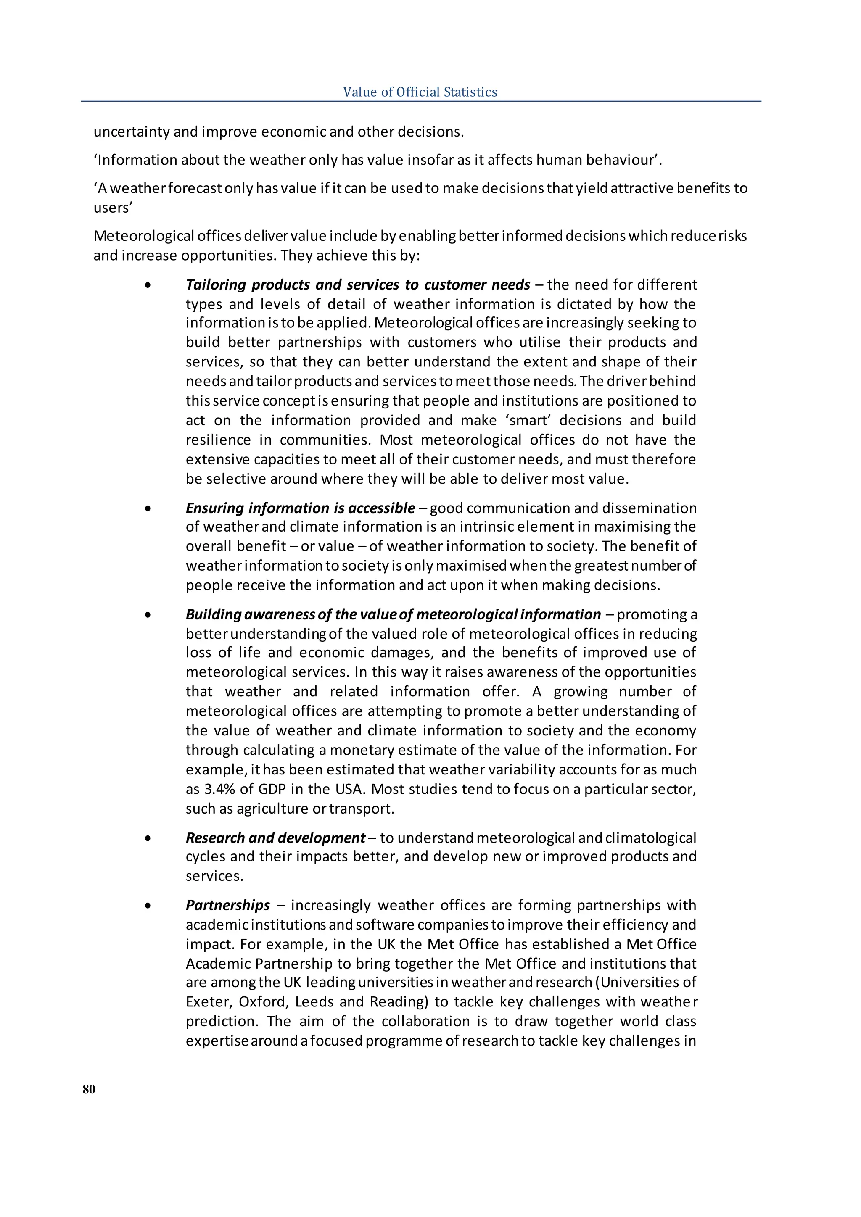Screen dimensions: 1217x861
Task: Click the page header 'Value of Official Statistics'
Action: (x=420, y=92)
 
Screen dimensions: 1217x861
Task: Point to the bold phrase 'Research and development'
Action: (x=275, y=838)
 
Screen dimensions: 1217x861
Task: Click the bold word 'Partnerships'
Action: (x=227, y=905)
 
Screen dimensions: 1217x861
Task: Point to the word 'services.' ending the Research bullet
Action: (x=214, y=876)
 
